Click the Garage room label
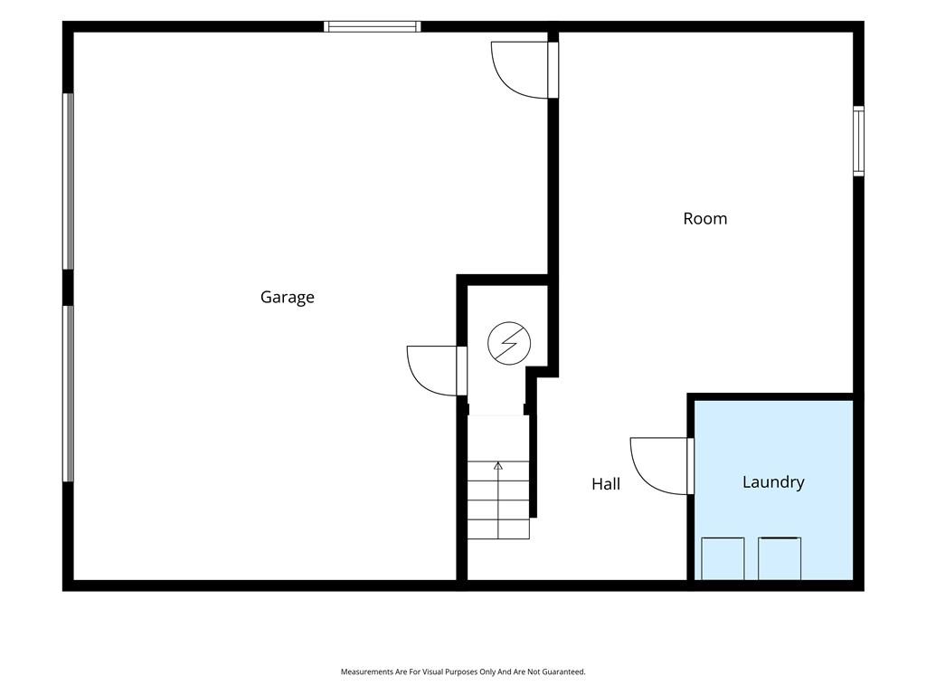[287, 297]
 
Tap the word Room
[705, 219]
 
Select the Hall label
[606, 484]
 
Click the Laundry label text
[773, 482]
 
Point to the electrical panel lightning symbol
[509, 343]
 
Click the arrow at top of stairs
[498, 466]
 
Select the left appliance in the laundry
[723, 558]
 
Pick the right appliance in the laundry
[780, 558]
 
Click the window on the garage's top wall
[372, 26]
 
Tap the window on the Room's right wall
[859, 140]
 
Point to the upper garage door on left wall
[69, 181]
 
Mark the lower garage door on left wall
[69, 394]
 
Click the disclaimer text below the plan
[463, 672]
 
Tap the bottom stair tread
[498, 529]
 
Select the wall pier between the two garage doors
[69, 288]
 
